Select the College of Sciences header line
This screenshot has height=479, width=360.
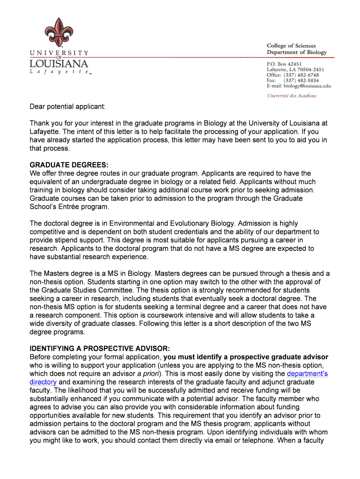tap(291, 46)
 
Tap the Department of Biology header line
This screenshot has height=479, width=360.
tap(296, 52)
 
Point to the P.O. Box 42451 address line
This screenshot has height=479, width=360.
tap(284, 64)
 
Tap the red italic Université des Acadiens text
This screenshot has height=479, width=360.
tap(292, 96)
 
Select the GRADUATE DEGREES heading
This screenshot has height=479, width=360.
tap(69, 165)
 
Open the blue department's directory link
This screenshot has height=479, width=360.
tap(307, 374)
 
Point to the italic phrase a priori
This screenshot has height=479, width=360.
tap(147, 374)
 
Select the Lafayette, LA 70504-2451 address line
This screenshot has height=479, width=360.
tap(295, 69)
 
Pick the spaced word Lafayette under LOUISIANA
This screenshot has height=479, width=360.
tap(58, 73)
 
